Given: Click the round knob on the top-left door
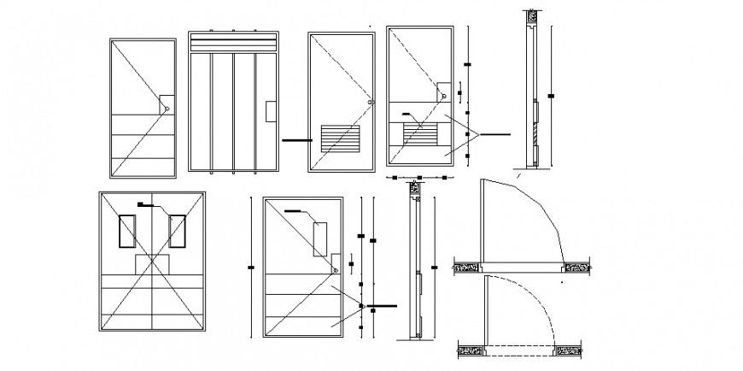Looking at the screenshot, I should [167, 108].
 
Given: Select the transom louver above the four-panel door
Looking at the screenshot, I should [233, 43].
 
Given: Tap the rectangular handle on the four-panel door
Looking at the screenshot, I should [271, 111].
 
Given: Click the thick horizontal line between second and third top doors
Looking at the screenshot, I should [295, 140].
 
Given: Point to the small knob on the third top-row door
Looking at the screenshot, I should [370, 103].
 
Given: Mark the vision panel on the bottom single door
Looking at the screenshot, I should [322, 238].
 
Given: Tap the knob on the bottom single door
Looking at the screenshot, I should [336, 270].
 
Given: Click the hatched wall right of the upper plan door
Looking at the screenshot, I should [577, 267].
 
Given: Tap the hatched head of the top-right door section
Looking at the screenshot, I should [529, 15].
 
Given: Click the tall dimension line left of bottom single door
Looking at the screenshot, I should [249, 268].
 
